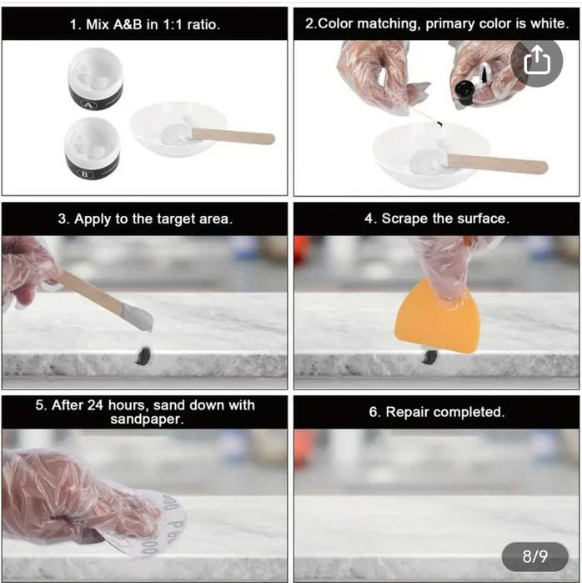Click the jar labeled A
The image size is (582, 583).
96,79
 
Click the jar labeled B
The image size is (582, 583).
92,148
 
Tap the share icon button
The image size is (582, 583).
536,62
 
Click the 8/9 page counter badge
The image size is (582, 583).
534,556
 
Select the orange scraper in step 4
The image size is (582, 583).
437,316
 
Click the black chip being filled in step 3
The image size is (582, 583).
143,356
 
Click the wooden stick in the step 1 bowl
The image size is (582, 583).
233,136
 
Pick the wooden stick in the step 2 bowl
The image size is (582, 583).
497,164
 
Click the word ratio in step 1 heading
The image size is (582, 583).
203,24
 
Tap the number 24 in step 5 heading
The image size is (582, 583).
96,405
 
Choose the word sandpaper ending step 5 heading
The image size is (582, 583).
147,420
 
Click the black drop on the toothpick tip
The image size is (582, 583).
439,123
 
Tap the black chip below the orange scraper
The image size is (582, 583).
429,356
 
